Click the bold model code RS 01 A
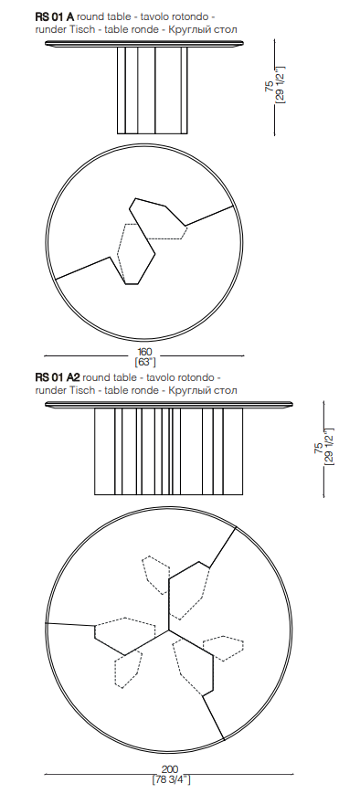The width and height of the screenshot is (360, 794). pyautogui.click(x=55, y=16)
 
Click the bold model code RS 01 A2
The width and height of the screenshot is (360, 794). pyautogui.click(x=58, y=377)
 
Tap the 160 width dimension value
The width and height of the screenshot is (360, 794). pyautogui.click(x=144, y=352)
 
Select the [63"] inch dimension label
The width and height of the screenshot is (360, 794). pyautogui.click(x=145, y=362)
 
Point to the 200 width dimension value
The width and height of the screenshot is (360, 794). pyautogui.click(x=171, y=769)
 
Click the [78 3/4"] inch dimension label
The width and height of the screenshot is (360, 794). pyautogui.click(x=171, y=779)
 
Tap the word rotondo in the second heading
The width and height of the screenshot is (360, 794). pyautogui.click(x=199, y=377)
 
